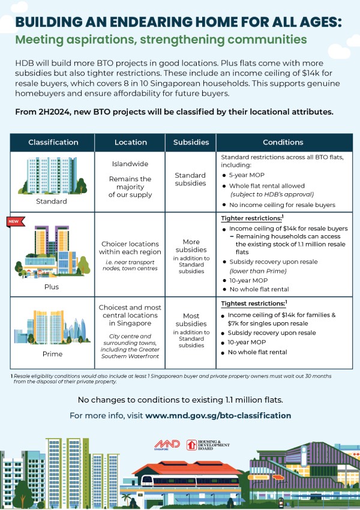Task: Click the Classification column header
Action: point(53,142)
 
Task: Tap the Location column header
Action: point(130,142)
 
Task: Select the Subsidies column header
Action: point(191,142)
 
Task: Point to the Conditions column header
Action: point(283,142)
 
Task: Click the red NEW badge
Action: point(14,221)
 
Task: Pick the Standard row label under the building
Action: point(53,202)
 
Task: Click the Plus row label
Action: point(53,287)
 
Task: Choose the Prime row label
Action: point(53,354)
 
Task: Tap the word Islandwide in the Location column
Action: point(130,163)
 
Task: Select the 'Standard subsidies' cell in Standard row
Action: point(191,179)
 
